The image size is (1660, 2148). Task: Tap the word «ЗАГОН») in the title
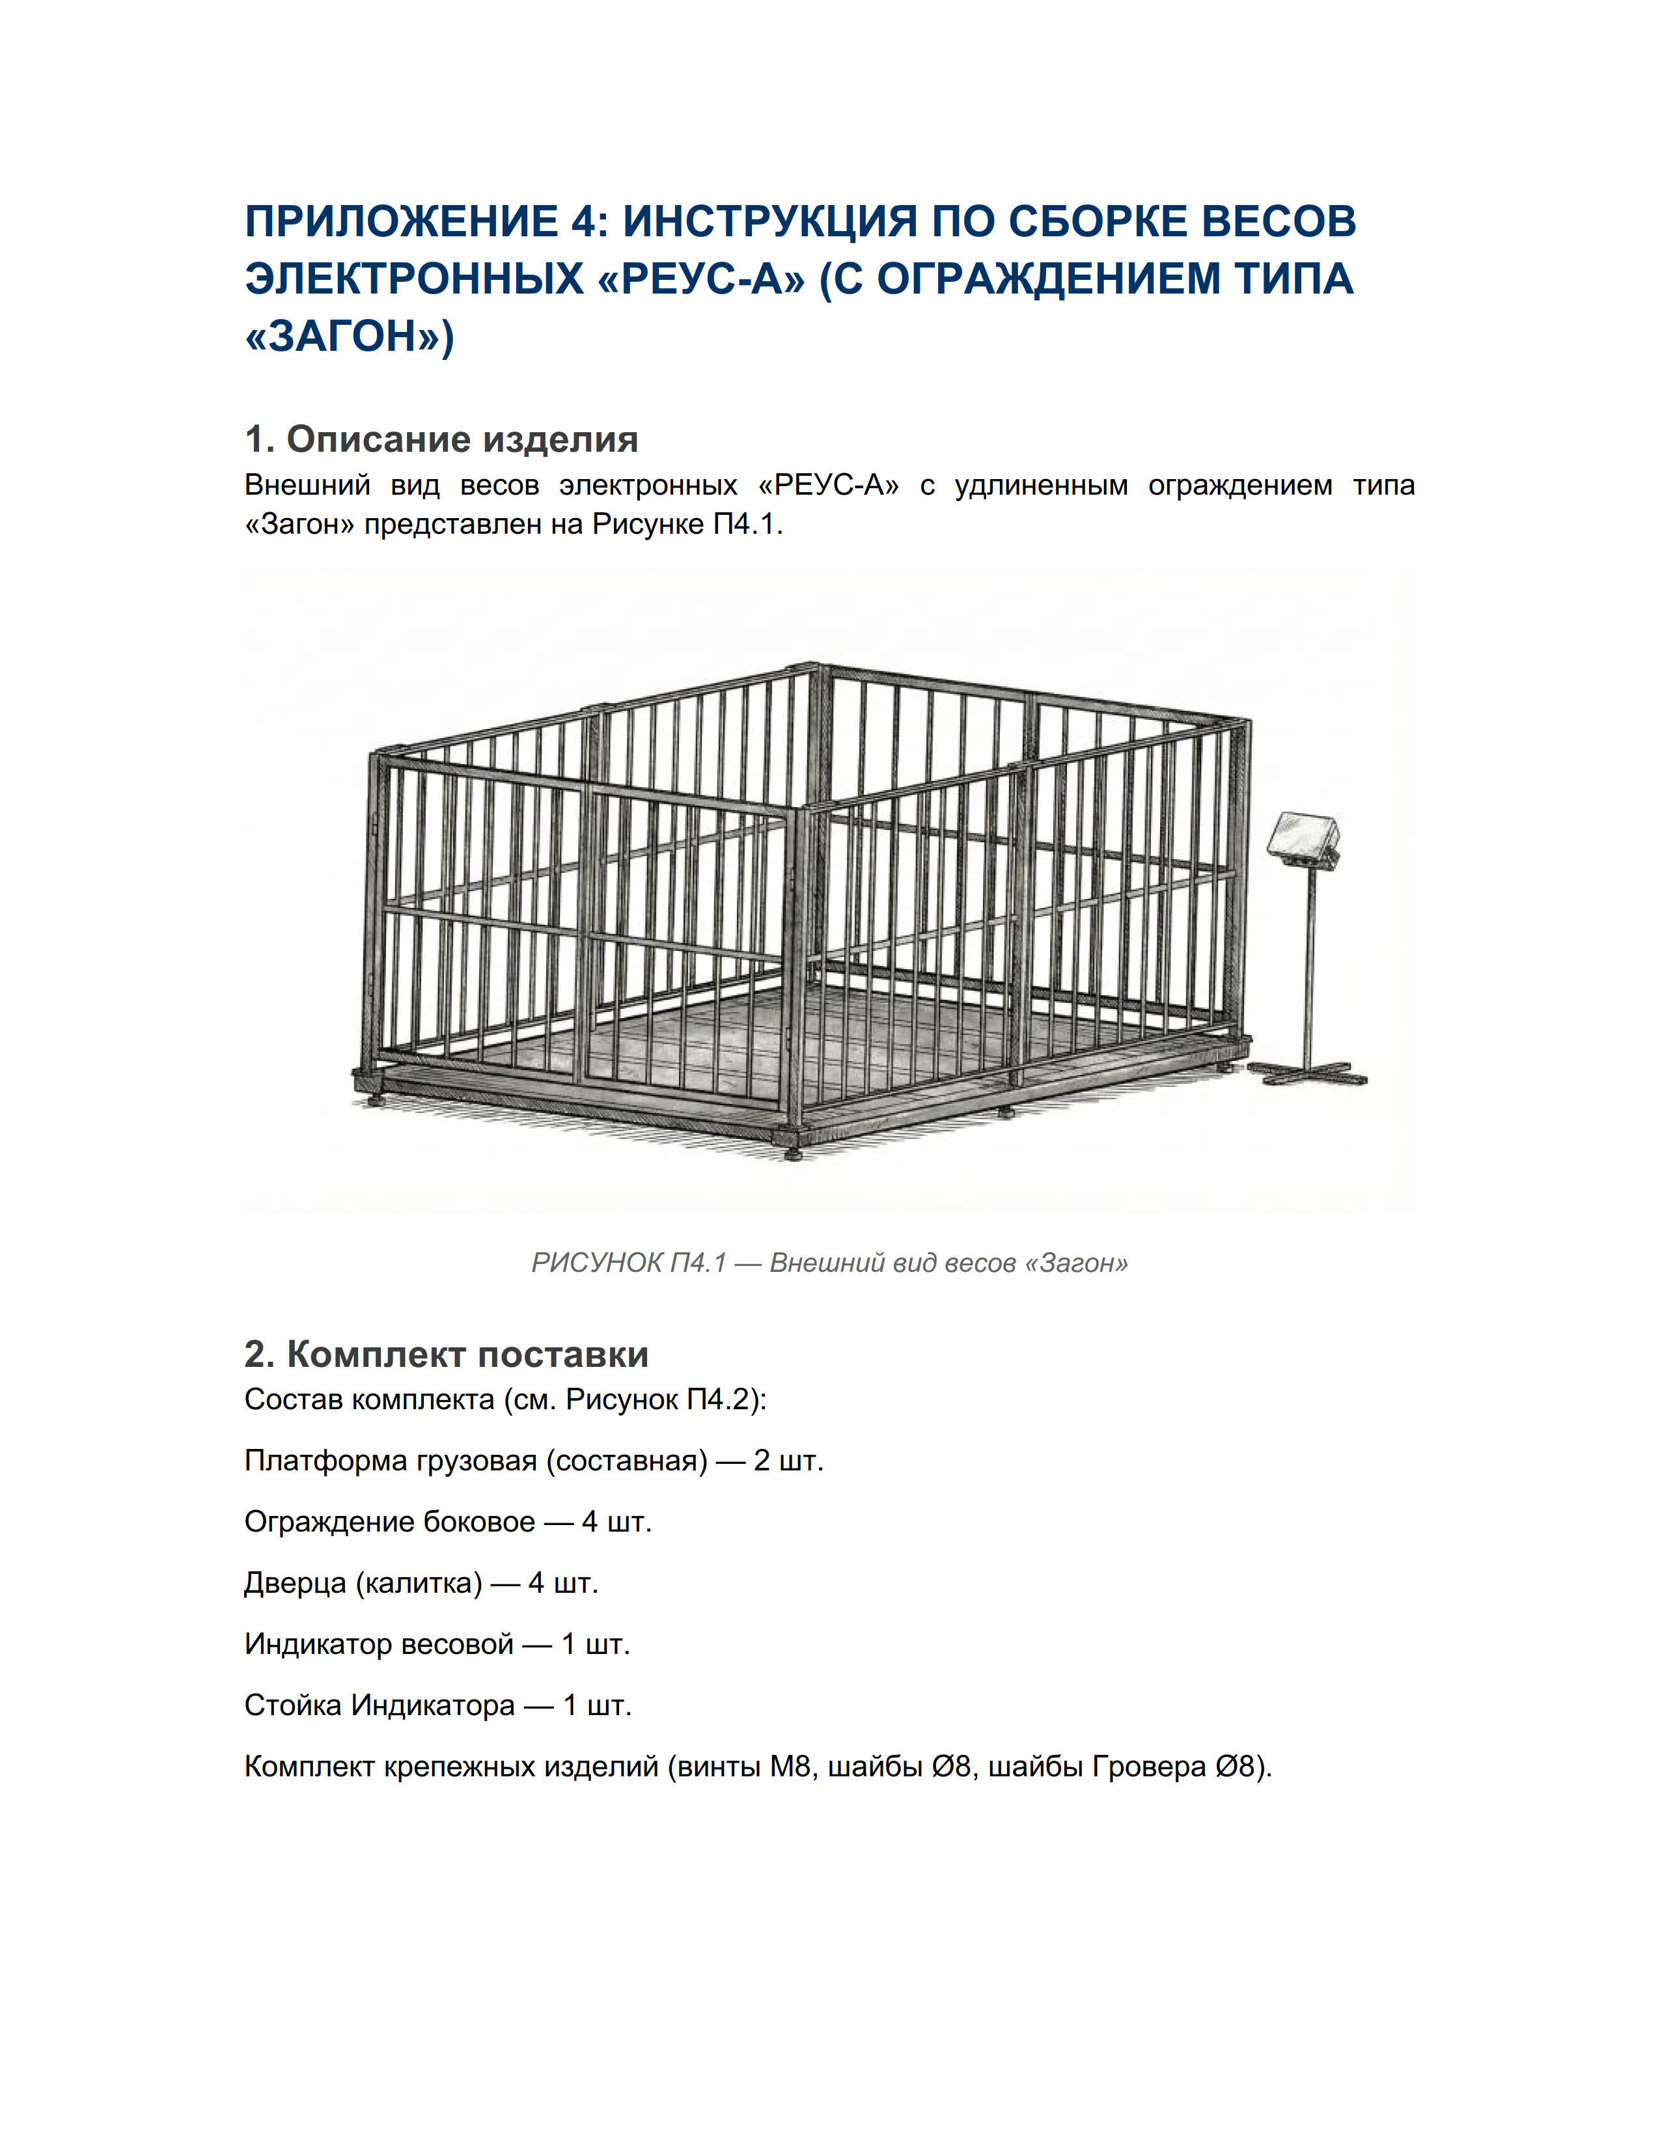click(x=348, y=337)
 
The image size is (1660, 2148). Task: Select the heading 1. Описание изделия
click(x=441, y=439)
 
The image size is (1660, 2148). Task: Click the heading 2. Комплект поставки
click(x=445, y=1355)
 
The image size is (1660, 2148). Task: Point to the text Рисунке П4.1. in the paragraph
click(x=686, y=524)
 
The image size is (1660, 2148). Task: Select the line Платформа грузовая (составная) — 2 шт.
click(x=533, y=1461)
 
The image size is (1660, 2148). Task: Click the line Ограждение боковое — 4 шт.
click(x=447, y=1522)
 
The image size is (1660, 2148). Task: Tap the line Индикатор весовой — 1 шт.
click(x=437, y=1644)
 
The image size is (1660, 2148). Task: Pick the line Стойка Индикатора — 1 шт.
click(x=437, y=1705)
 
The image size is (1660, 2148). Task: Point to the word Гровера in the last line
click(x=1148, y=1767)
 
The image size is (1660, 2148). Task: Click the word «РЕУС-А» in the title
click(x=700, y=279)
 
